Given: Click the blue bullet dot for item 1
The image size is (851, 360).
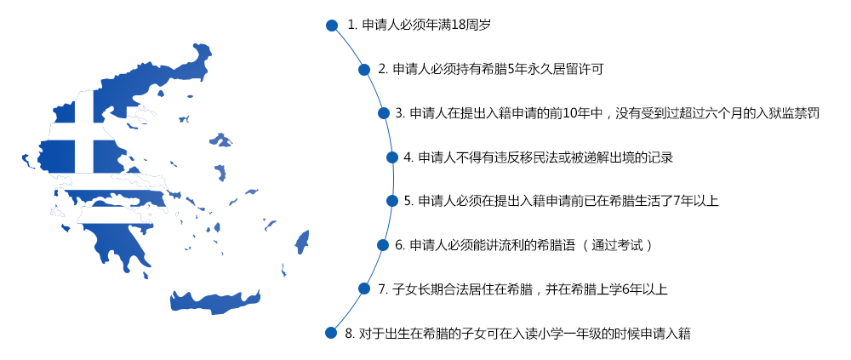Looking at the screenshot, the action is (x=332, y=26).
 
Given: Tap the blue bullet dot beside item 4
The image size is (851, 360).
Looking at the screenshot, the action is (x=392, y=157).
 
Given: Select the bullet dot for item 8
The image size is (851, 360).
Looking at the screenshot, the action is (x=330, y=333).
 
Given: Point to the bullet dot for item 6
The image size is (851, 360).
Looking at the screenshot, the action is (x=383, y=245).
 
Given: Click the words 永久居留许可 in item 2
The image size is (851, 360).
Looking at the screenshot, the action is (x=563, y=70).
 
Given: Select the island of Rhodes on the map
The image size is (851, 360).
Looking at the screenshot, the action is (x=302, y=242).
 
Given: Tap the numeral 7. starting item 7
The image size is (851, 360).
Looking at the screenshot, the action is (x=381, y=289).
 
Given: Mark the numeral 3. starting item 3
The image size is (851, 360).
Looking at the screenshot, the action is (x=400, y=113).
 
